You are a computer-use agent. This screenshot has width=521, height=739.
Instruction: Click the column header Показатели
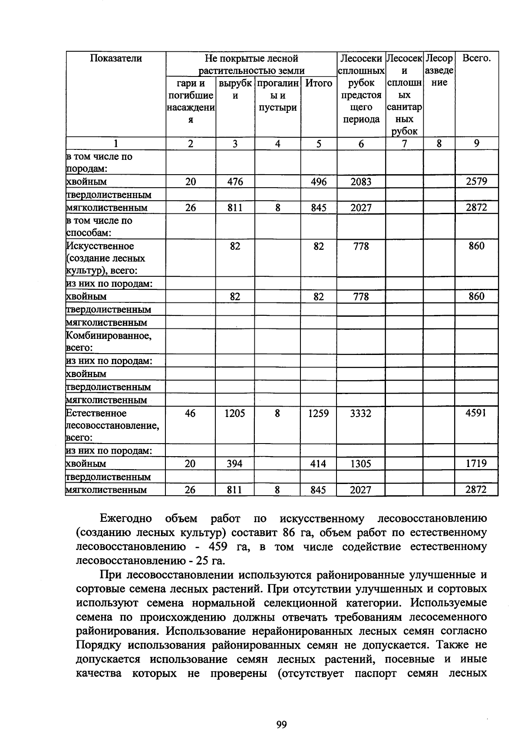pyautogui.click(x=115, y=58)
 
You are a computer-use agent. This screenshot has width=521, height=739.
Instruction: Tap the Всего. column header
pyautogui.click(x=476, y=58)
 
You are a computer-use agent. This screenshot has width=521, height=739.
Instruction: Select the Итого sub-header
pyautogui.click(x=319, y=83)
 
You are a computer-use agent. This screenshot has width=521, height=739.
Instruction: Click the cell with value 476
pyautogui.click(x=235, y=182)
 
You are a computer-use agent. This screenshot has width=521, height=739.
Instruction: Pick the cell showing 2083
pyautogui.click(x=361, y=182)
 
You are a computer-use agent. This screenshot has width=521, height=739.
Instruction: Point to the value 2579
pyautogui.click(x=476, y=182)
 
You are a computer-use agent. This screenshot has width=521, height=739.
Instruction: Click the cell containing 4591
pyautogui.click(x=476, y=413)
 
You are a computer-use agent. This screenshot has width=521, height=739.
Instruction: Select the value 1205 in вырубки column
pyautogui.click(x=235, y=414)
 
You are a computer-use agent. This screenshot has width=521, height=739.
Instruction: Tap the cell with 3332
pyautogui.click(x=361, y=414)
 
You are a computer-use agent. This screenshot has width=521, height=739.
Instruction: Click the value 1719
pyautogui.click(x=476, y=464)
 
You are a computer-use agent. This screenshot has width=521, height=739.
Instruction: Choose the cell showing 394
pyautogui.click(x=235, y=464)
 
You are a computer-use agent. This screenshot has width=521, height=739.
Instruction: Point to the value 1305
pyautogui.click(x=361, y=464)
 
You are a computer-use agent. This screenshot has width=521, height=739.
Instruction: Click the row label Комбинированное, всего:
pyautogui.click(x=108, y=341)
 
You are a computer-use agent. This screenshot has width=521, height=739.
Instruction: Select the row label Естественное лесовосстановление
pyautogui.click(x=112, y=425)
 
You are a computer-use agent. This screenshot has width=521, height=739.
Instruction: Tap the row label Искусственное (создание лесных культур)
pyautogui.click(x=106, y=258)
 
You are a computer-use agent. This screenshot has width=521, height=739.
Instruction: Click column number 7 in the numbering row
pyautogui.click(x=404, y=144)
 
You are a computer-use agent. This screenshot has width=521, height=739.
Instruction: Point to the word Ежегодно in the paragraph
pyautogui.click(x=125, y=518)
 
